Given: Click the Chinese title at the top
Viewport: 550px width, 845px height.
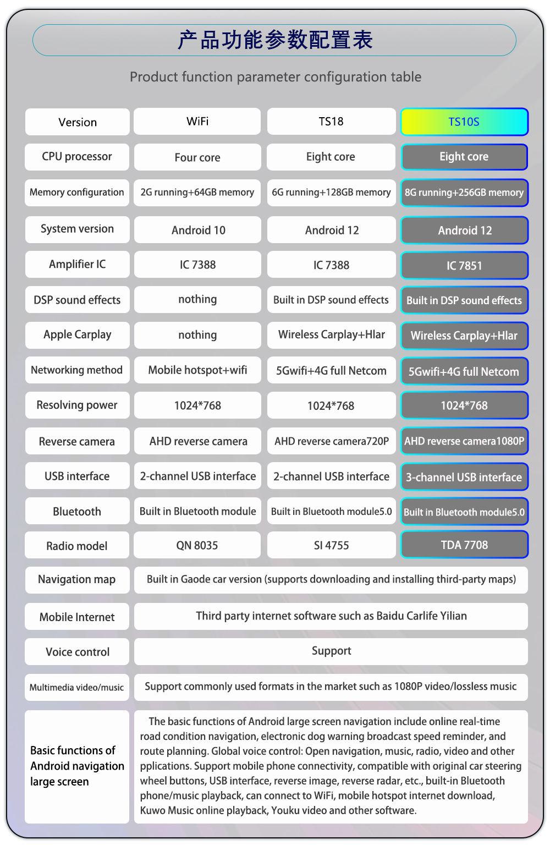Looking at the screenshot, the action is click(x=275, y=40).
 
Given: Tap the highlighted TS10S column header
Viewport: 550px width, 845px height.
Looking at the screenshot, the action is click(x=464, y=122).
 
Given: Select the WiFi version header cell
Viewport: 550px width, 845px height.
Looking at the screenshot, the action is click(x=197, y=122).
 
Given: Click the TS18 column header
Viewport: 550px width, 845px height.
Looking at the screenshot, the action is click(x=331, y=122).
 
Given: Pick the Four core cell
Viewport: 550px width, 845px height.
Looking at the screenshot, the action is click(x=197, y=157).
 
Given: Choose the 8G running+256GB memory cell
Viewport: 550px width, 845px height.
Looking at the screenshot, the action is click(x=464, y=193).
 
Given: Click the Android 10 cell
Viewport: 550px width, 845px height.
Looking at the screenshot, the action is click(x=197, y=230).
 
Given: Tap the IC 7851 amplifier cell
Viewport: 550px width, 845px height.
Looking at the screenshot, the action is click(x=464, y=265).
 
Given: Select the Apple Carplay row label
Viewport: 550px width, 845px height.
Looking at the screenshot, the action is click(x=78, y=335).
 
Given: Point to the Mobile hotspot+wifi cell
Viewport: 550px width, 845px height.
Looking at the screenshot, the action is click(x=197, y=370).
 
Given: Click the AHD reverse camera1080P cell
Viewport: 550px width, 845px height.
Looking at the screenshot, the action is click(x=464, y=441).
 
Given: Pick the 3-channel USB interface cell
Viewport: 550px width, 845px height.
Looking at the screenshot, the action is click(x=464, y=477).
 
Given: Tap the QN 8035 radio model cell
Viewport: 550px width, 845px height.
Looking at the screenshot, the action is click(x=197, y=545).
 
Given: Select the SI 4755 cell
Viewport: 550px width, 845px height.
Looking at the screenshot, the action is click(x=331, y=545).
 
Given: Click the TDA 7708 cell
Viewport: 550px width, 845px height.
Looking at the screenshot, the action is click(x=464, y=545).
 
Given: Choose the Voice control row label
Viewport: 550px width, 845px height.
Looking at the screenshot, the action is click(x=78, y=652).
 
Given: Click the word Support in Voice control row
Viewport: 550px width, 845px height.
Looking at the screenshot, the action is click(x=331, y=651).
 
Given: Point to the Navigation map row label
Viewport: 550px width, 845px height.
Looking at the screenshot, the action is click(x=78, y=580).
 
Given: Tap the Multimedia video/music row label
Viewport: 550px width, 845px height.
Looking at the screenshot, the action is click(x=78, y=687).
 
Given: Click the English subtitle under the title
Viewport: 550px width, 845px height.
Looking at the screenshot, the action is click(x=276, y=77).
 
